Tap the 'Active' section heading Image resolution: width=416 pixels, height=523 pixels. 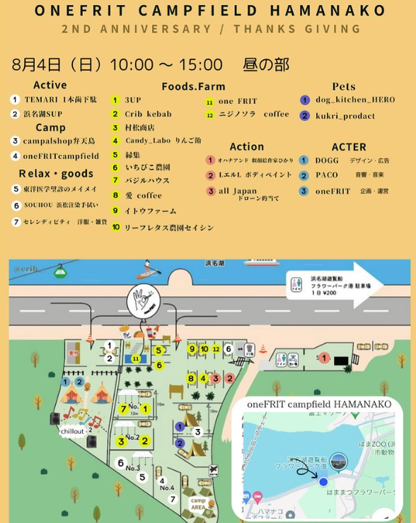coord(50,86)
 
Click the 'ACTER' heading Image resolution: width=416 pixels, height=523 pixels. coord(349,147)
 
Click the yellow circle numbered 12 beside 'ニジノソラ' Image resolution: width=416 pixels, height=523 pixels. coord(209,114)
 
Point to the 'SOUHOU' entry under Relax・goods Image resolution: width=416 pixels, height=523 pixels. coord(60,205)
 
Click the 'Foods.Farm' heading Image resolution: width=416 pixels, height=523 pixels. coord(193,86)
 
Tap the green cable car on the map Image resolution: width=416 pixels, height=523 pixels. coord(62,269)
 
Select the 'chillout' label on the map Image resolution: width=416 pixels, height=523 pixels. coord(72,430)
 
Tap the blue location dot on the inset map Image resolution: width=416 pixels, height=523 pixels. coord(323,481)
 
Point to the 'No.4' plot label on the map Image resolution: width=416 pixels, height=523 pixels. coord(166,487)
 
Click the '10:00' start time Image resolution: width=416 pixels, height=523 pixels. coord(132,65)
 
